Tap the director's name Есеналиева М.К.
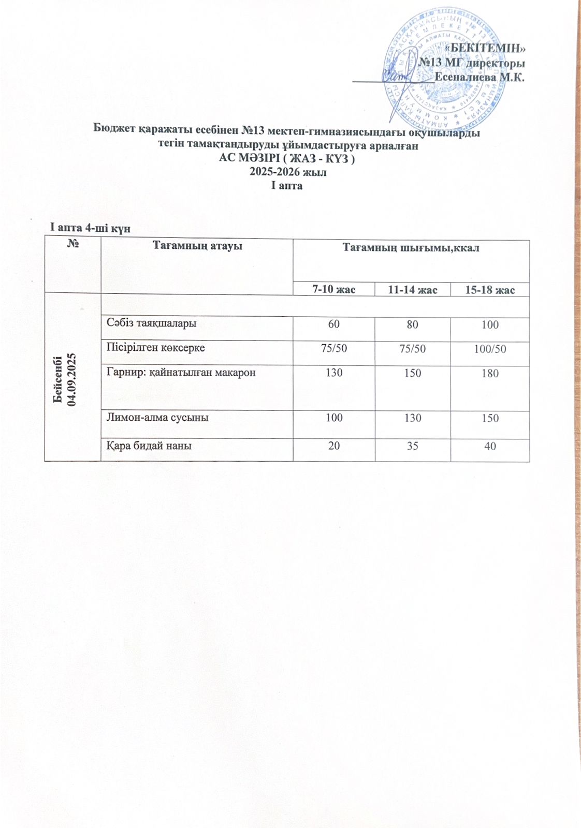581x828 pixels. click(480, 78)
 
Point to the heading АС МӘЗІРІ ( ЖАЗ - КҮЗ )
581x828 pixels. click(287, 159)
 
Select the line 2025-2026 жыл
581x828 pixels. click(288, 172)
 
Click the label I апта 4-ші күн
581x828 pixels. click(90, 228)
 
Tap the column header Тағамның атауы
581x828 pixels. click(197, 246)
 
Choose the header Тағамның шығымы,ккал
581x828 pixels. click(411, 248)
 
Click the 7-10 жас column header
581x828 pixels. click(333, 289)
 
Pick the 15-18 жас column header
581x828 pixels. click(489, 290)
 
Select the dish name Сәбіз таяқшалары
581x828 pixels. click(152, 323)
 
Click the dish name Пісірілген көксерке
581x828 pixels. click(156, 348)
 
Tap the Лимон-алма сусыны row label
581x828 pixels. click(158, 417)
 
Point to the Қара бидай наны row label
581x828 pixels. click(150, 445)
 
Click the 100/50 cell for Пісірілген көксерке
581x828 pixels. click(490, 349)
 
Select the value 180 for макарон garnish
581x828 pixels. click(490, 374)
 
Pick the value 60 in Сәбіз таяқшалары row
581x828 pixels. click(334, 324)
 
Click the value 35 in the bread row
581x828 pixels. click(413, 445)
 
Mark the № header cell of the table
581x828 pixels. click(73, 244)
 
